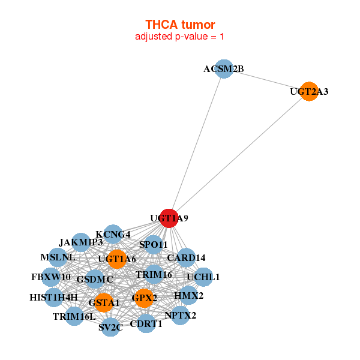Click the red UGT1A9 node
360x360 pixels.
170,218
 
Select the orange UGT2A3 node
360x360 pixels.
308,92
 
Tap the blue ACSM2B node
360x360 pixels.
223,69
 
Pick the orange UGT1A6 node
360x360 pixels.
118,259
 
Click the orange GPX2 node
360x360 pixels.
145,298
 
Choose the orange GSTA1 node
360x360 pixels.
104,303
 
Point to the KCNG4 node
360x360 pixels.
113,234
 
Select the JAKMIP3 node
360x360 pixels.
81,242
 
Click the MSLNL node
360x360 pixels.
58,257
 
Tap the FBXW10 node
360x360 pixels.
51,277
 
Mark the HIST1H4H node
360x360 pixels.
53,297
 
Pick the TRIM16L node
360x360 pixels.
74,316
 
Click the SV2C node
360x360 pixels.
110,327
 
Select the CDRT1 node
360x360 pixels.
146,324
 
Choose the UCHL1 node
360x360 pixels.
203,277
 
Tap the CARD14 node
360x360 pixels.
186,258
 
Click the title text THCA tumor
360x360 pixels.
179,25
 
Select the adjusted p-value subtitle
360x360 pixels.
179,37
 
